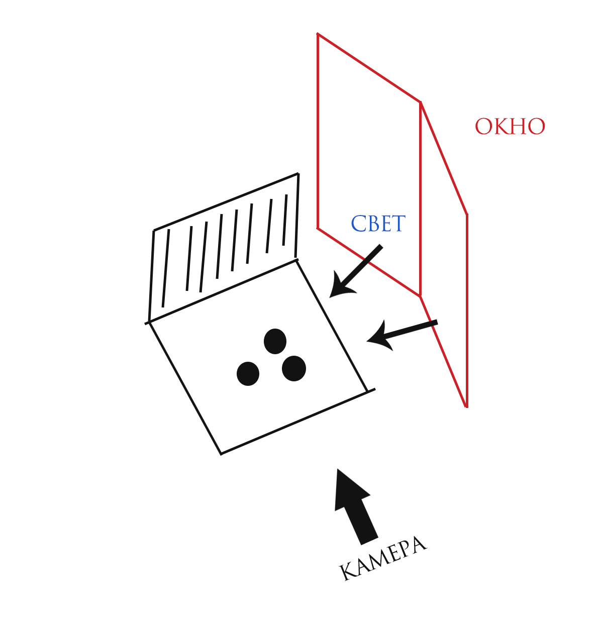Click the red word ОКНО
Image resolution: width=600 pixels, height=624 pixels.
click(x=510, y=127)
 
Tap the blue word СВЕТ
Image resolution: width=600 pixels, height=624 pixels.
click(x=378, y=224)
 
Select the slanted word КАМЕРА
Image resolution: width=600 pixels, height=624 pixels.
click(x=383, y=558)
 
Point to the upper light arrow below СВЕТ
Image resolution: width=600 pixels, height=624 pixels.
click(x=355, y=272)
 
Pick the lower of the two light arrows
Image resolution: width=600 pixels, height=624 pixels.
click(x=402, y=332)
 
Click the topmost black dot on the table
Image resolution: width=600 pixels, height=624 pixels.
click(x=275, y=342)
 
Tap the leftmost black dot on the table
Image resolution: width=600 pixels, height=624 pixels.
click(x=248, y=373)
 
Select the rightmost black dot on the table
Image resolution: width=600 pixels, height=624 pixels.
click(x=294, y=368)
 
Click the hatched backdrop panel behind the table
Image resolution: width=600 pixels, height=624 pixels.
click(x=225, y=246)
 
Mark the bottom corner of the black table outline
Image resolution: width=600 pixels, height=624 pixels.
click(x=221, y=454)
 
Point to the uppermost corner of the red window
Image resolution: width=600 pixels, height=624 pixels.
click(x=318, y=34)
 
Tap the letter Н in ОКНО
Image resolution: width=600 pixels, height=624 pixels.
click(x=519, y=127)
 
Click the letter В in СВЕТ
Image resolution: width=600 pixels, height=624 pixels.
click(x=371, y=224)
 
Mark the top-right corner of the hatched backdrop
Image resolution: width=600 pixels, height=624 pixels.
click(x=298, y=174)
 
